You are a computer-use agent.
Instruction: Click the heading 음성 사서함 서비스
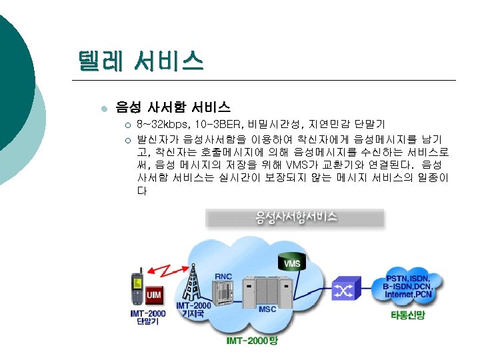(173, 107)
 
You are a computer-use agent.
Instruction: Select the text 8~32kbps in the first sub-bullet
(163, 125)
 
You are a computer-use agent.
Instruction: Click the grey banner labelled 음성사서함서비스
(296, 217)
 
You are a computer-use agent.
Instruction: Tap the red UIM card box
(153, 293)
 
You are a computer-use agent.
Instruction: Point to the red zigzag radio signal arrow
(168, 270)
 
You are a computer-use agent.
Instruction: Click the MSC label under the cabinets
(268, 309)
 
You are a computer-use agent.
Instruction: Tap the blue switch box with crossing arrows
(345, 289)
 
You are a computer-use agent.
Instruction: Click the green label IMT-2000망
(252, 341)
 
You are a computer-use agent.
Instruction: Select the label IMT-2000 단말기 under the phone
(147, 317)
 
